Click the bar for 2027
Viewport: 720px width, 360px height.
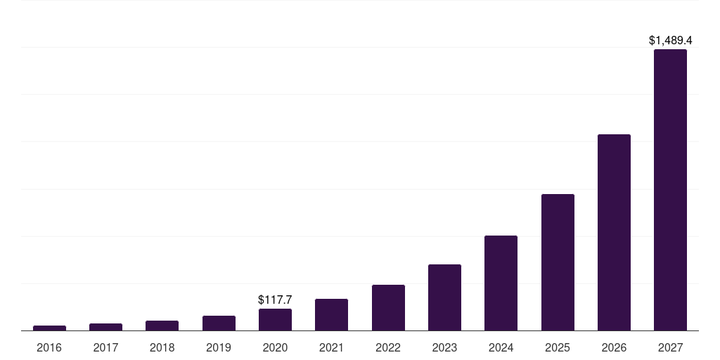coord(670,190)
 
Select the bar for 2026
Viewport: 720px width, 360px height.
coord(614,232)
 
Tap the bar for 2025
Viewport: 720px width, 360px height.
coord(558,262)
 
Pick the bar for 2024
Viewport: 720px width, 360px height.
coord(501,283)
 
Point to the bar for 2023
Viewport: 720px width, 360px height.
coord(444,297)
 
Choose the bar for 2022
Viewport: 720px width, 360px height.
coord(388,307)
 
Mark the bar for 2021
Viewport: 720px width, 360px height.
coord(331,314)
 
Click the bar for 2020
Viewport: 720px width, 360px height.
coord(275,319)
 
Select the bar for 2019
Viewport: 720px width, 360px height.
coord(219,323)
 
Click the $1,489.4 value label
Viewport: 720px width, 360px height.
coord(670,41)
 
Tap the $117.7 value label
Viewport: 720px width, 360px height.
coord(275,300)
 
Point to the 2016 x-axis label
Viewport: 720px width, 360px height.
coord(49,347)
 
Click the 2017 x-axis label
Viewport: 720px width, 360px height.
coord(105,347)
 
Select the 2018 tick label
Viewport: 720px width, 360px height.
coord(162,347)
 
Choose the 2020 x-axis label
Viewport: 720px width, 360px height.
coord(275,347)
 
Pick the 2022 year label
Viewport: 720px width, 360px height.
coord(388,347)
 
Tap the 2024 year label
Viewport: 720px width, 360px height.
coord(501,347)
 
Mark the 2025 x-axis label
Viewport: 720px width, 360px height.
coord(558,347)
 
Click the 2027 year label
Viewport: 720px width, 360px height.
coord(670,347)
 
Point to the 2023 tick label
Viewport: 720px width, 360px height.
coord(444,347)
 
